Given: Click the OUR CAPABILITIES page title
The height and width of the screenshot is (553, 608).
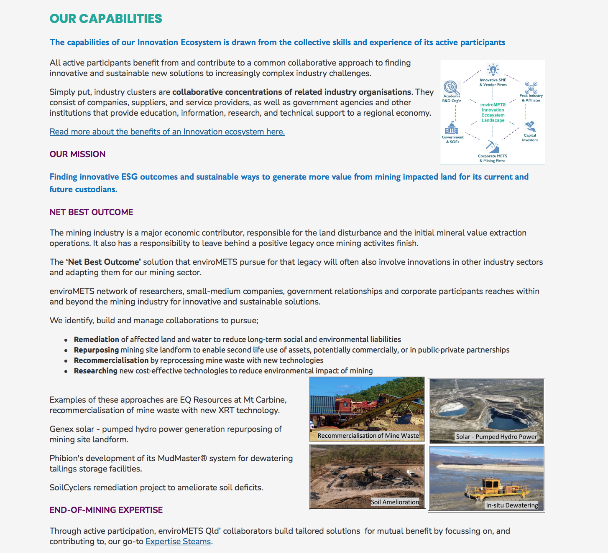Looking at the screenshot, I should pos(106,19).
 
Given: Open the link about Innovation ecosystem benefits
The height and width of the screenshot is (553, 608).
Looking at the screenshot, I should pos(167,132).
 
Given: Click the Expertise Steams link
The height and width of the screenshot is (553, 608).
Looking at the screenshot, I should pos(178,542).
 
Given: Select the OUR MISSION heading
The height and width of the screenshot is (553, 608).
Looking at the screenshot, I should pos(77,154).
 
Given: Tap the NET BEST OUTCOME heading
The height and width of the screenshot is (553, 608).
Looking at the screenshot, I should pos(91,212).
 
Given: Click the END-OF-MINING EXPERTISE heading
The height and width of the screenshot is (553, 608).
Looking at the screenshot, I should pos(106,510).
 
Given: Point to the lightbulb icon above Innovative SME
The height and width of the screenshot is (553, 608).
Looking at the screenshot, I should pos(493,70).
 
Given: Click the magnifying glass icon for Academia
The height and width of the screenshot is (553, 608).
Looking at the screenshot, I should pos(451,87).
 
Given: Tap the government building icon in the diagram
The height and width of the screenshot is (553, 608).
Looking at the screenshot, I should pos(452,128).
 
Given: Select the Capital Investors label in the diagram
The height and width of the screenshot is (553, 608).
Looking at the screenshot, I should pos(530,138).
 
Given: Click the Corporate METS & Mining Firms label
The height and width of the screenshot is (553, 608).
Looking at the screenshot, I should pos(493,158).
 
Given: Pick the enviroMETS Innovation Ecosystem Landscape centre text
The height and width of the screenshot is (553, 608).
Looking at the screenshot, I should pos(493,113).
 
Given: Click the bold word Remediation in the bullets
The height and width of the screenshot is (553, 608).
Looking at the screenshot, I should pos(97,340).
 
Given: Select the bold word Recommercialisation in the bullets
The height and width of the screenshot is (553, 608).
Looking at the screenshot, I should pos(111,360).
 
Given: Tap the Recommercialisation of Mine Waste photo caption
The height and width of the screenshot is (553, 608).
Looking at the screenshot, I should pos(368,436).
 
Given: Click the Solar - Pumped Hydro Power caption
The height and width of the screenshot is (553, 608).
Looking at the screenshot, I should pos(496,437).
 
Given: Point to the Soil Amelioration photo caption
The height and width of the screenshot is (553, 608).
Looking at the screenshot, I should pos(395,502).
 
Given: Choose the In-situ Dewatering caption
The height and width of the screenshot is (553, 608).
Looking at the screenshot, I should pos(512,505).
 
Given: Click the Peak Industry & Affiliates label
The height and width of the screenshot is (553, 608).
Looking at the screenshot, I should pos(531,98).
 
